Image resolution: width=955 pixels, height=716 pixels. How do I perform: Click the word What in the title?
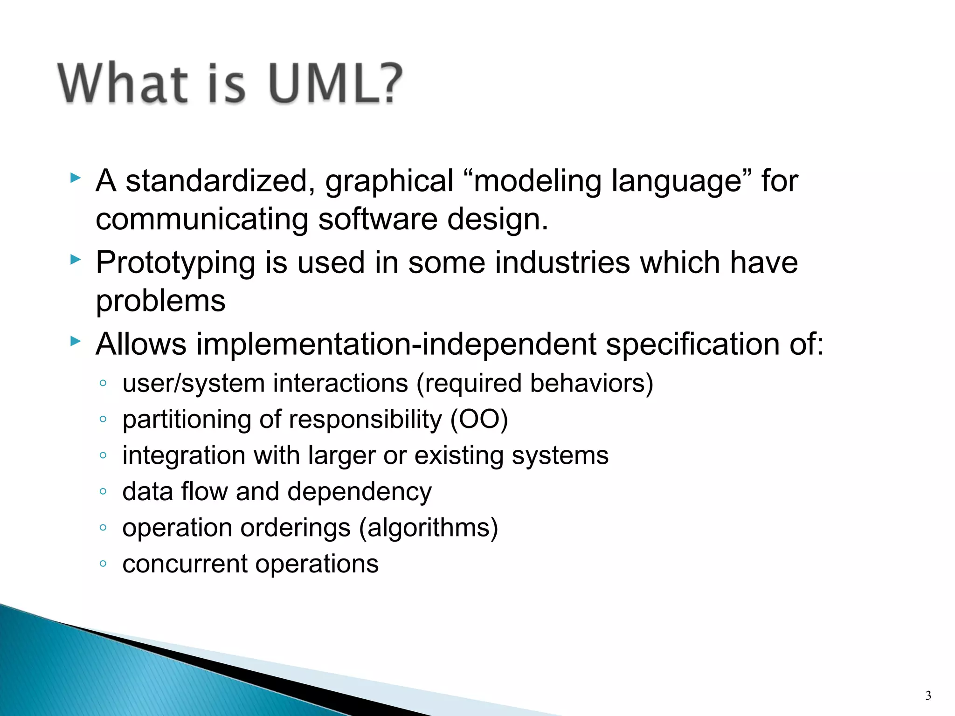point(123,83)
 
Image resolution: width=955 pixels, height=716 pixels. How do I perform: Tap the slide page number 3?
point(928,695)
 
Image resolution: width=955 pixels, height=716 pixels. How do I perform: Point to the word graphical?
point(389,182)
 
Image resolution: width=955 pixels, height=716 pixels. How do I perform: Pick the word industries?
point(562,262)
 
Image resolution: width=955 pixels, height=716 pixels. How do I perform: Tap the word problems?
point(160,301)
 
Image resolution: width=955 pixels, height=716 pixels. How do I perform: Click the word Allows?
point(141,344)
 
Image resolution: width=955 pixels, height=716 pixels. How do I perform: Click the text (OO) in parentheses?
point(478,419)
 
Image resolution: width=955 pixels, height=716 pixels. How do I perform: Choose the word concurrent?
point(185,564)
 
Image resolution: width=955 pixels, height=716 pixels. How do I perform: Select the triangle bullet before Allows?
point(76,341)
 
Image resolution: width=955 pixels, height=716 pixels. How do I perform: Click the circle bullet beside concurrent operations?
point(103,564)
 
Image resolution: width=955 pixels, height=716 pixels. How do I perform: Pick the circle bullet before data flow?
point(103,491)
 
